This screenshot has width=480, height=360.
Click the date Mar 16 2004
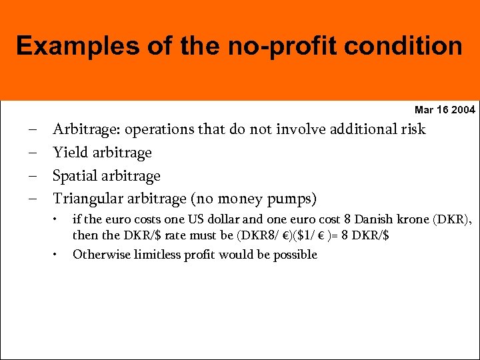coord(445,109)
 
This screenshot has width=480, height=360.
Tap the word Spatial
coord(74,176)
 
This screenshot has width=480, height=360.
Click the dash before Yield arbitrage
coord(33,153)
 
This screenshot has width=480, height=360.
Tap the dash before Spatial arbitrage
coord(33,176)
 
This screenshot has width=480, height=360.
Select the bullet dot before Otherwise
coord(57,254)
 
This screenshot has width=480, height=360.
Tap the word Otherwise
coord(99,255)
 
